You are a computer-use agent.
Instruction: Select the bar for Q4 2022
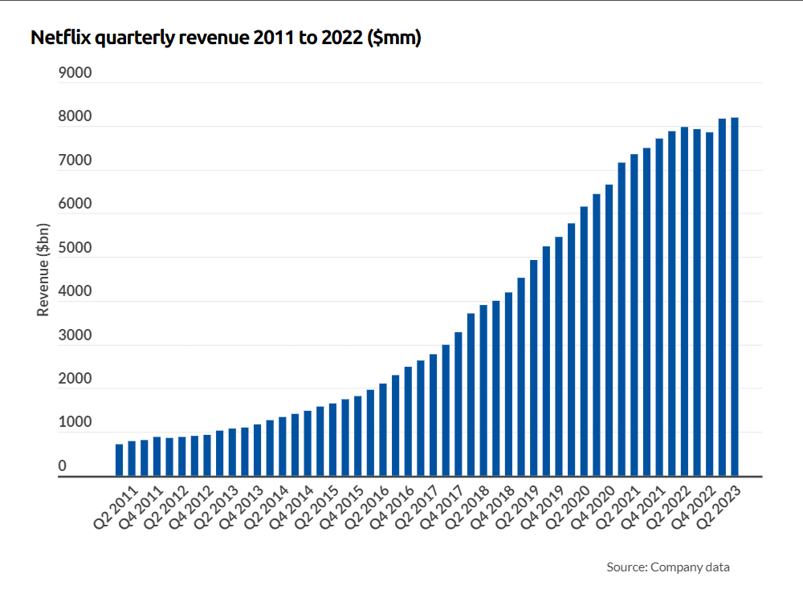point(709,304)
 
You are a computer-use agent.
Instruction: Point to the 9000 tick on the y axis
point(75,73)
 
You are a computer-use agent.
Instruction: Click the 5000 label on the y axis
point(75,248)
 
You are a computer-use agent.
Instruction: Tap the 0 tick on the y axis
point(63,466)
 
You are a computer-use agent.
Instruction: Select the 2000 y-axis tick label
point(75,379)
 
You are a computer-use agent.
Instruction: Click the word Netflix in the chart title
point(59,38)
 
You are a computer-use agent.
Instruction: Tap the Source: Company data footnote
point(668,567)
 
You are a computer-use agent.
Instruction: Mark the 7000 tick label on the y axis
point(75,160)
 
